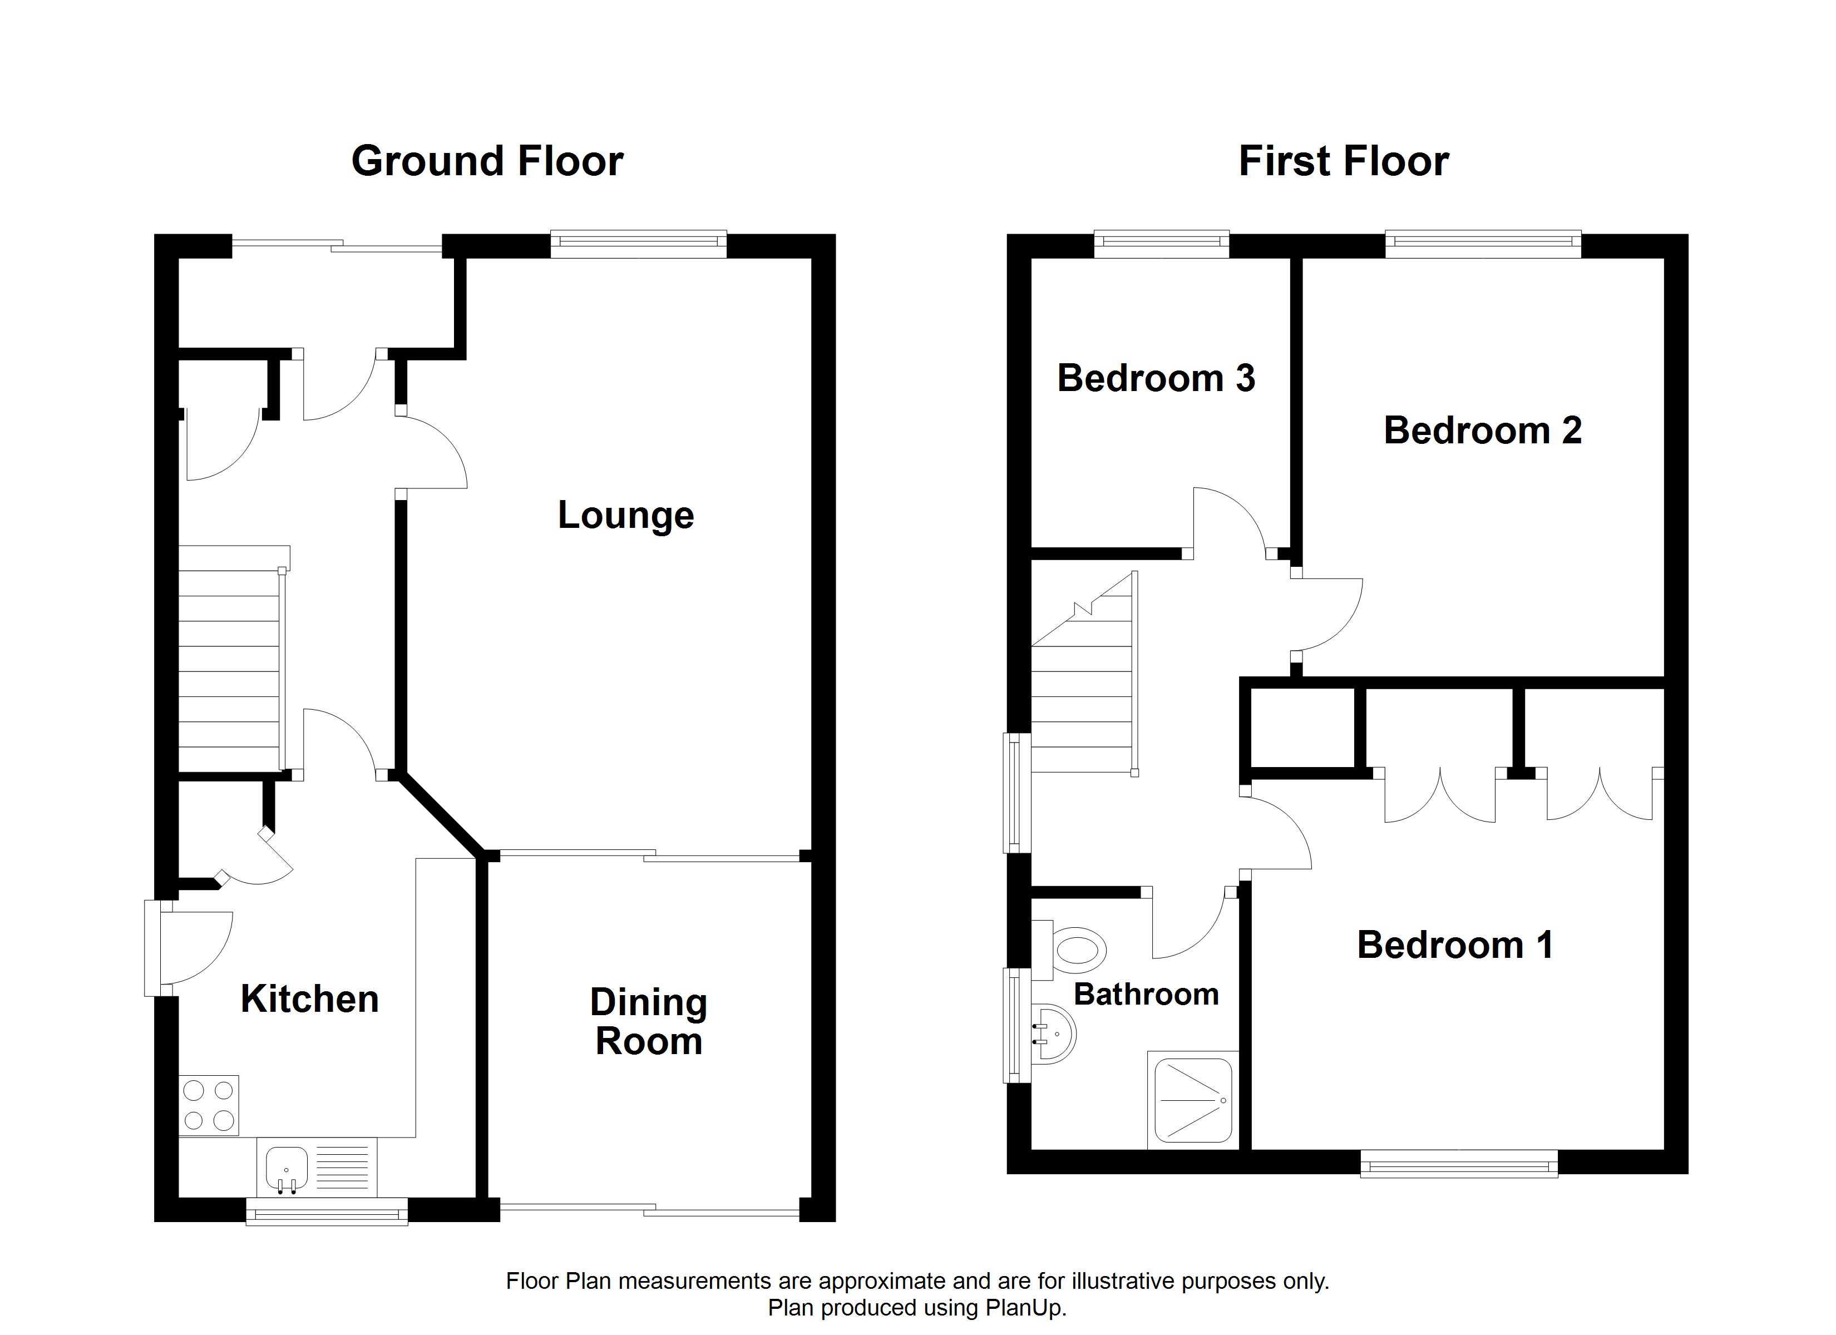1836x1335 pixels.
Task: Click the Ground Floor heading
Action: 487,161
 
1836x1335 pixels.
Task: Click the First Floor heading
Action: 1344,161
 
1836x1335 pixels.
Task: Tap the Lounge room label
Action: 626,516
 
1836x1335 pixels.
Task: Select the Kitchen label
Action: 310,999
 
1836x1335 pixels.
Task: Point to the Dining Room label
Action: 648,1022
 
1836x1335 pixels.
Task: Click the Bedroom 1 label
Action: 1455,945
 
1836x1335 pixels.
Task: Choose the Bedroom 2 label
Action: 1482,430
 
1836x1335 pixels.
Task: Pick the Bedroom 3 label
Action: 1156,378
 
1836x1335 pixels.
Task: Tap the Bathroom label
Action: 1146,994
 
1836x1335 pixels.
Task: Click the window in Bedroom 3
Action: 1162,245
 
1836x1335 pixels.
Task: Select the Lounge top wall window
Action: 639,245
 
